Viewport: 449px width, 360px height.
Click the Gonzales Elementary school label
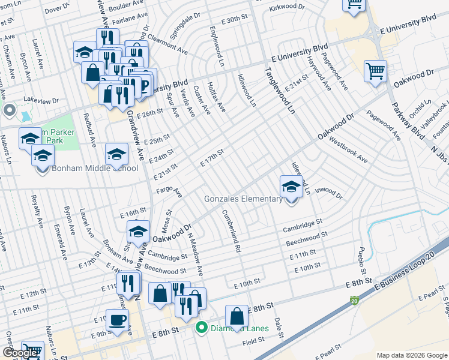click(x=243, y=199)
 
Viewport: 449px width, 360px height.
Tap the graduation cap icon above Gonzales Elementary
click(x=291, y=185)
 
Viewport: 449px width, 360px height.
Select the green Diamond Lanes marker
click(x=202, y=328)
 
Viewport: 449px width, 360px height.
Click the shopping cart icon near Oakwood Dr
click(x=375, y=71)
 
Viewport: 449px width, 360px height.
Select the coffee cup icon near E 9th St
click(x=118, y=320)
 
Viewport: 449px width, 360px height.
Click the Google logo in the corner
click(x=20, y=353)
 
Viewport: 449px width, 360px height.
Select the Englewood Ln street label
click(x=217, y=46)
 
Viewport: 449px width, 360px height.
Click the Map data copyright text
click(x=412, y=355)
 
